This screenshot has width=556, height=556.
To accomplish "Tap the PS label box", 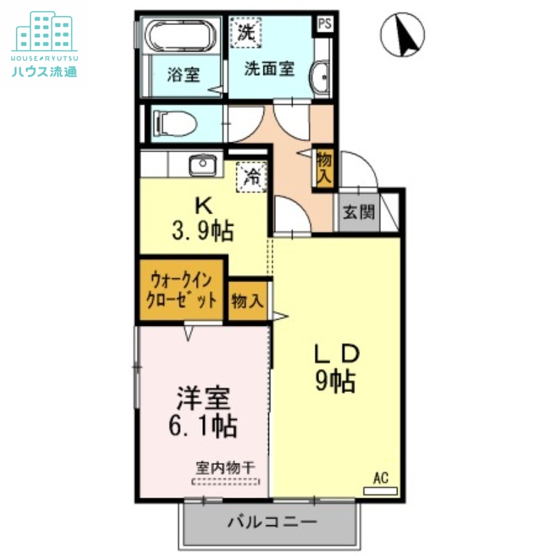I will tap(325, 23).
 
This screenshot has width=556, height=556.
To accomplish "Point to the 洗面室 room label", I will tap(269, 69).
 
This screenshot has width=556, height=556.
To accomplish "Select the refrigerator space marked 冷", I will tap(252, 177).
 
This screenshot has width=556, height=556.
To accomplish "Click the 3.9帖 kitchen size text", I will tap(203, 229).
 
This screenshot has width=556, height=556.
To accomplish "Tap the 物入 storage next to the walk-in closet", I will tap(247, 301).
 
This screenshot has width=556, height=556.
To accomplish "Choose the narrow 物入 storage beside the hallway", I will tap(324, 167).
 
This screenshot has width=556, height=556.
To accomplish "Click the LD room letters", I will tap(337, 354).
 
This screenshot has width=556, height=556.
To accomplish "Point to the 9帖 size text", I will tap(336, 381).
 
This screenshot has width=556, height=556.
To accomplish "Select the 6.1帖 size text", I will tap(204, 424).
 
